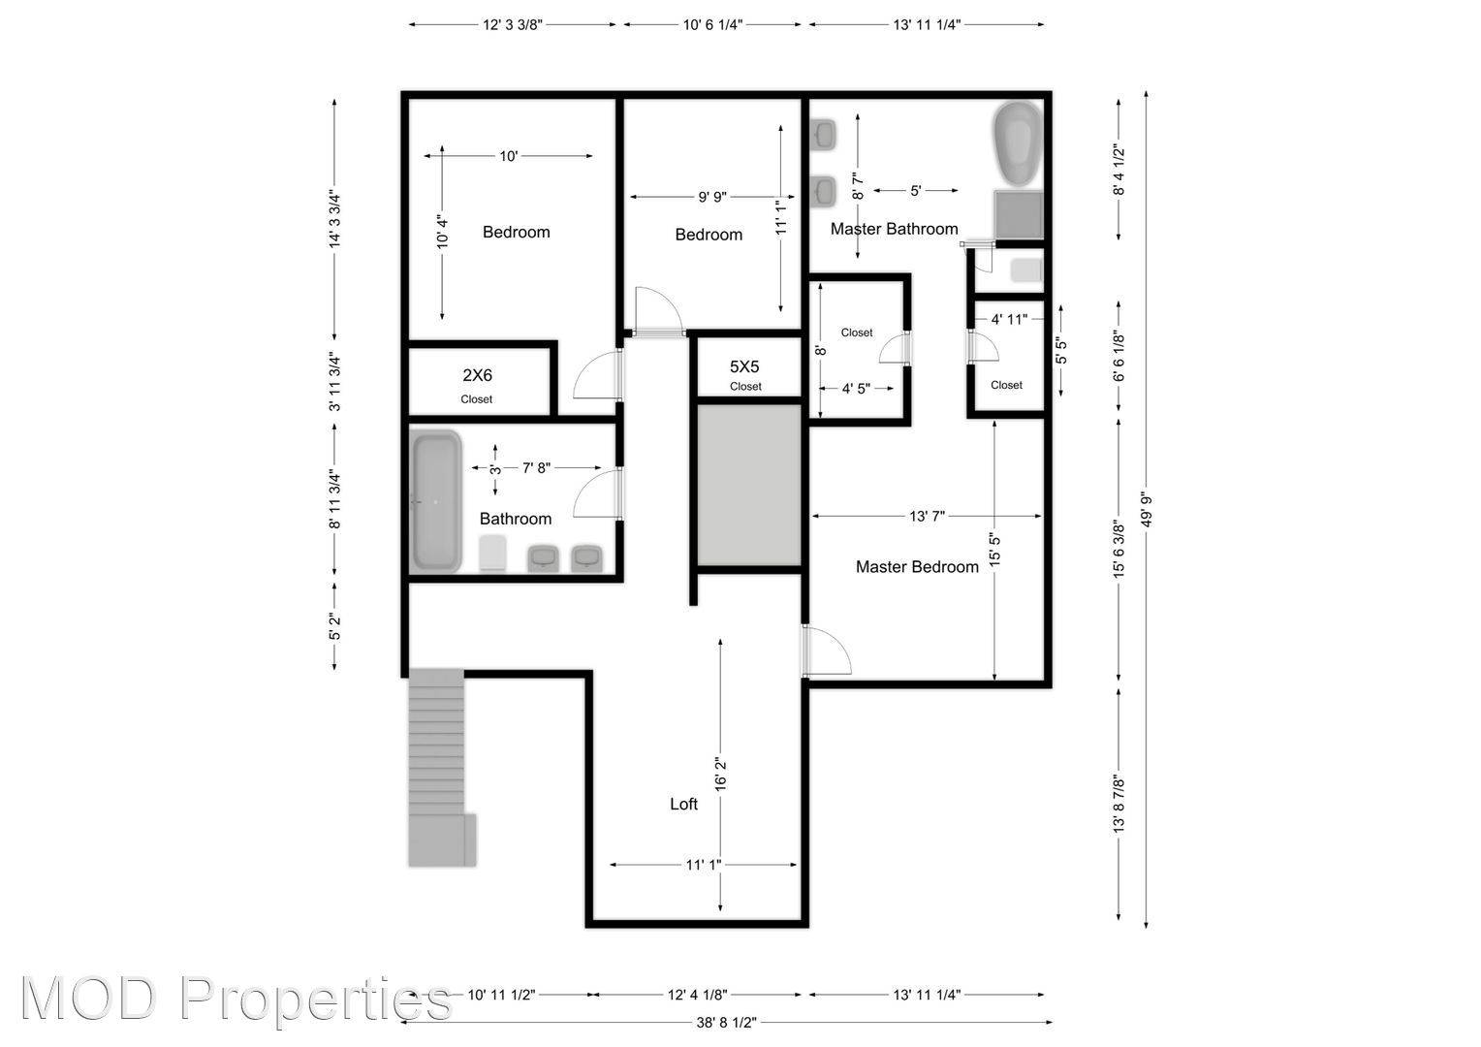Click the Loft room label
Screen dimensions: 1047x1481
coord(683,804)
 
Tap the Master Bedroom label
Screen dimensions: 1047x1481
coord(916,567)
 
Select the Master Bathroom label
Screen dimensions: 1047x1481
coord(894,229)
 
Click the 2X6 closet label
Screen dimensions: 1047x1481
coord(476,375)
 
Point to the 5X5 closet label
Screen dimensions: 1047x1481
coord(744,367)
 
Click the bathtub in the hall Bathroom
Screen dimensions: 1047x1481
coord(436,501)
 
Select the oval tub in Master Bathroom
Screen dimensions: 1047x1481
coord(1017,145)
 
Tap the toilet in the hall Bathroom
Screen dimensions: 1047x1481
coord(493,554)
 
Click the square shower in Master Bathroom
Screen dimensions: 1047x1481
coord(1019,214)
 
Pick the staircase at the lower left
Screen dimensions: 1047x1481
coord(438,766)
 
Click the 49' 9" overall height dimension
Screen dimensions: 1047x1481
coord(1147,509)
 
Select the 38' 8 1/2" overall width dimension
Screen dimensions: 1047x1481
coord(726,1022)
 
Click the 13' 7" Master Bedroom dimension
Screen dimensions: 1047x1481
coord(927,516)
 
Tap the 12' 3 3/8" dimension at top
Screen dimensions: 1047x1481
coord(512,25)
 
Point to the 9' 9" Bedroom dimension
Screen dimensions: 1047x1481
coord(712,197)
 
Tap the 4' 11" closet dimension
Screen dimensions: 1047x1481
coord(1008,318)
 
